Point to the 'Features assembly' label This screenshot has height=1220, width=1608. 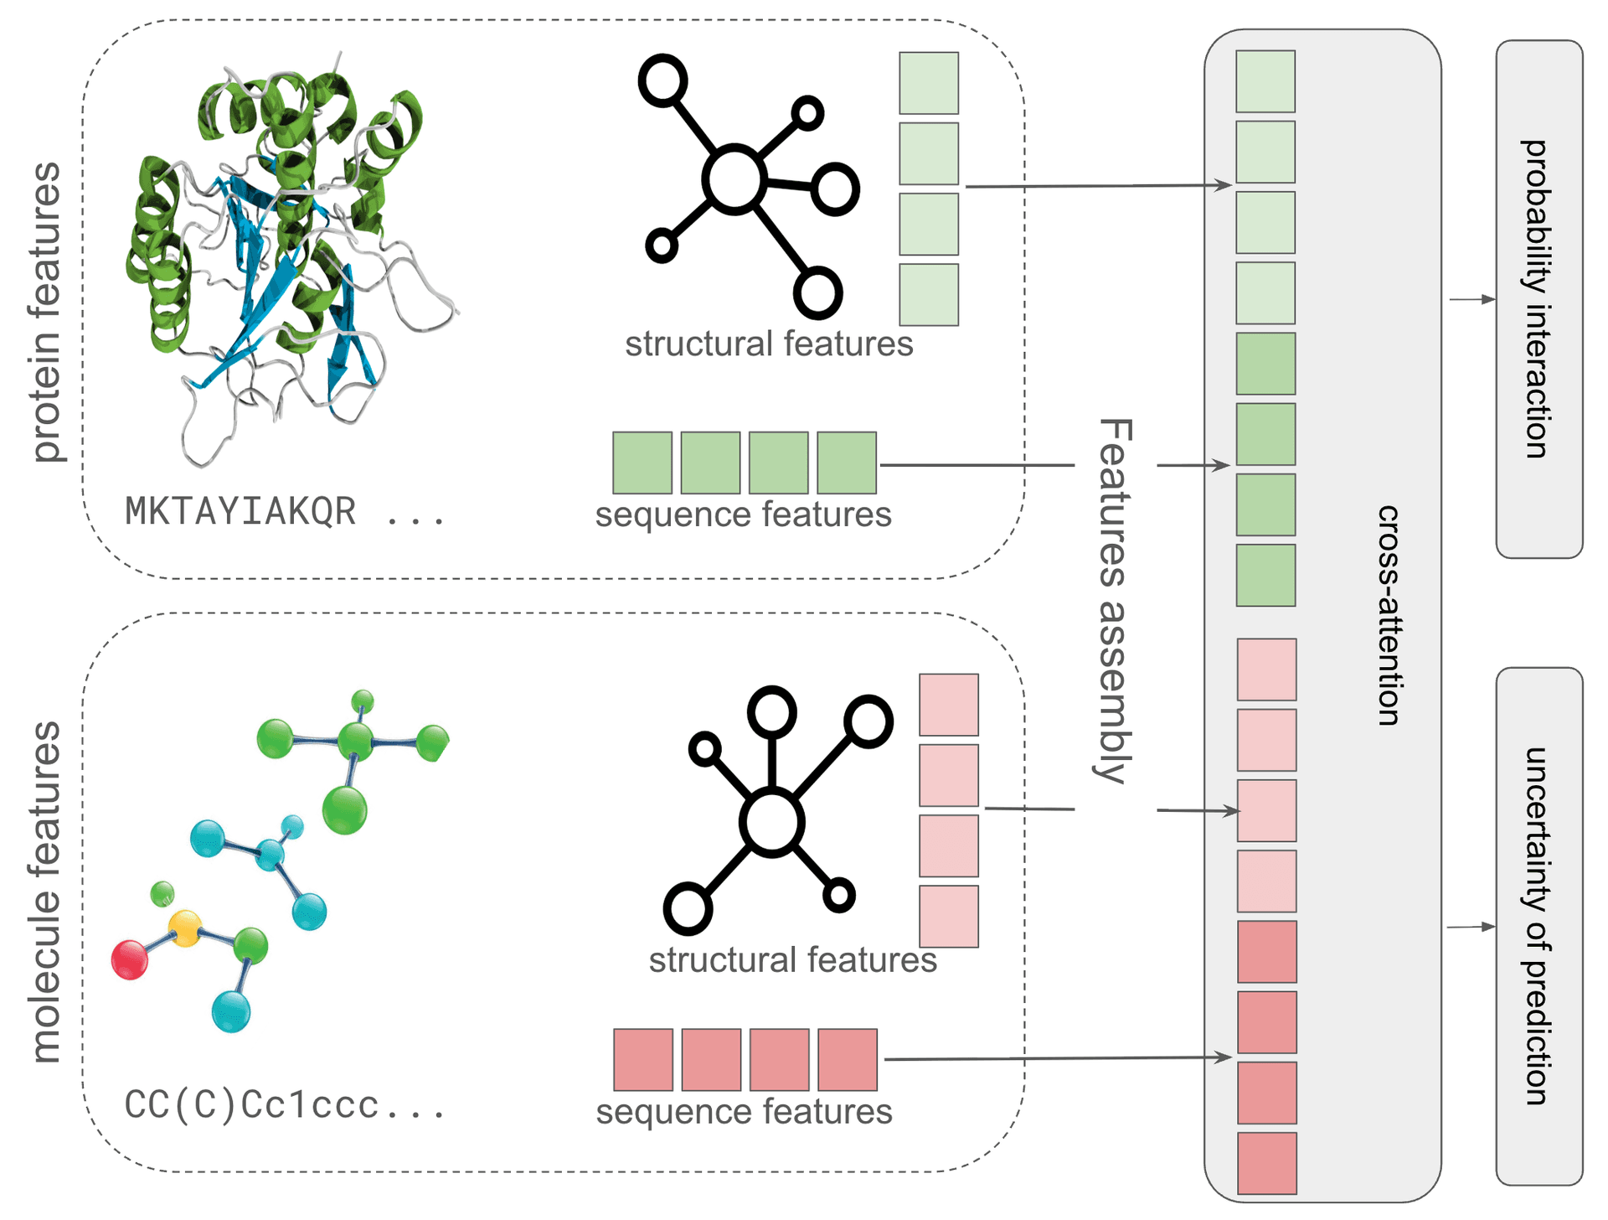(x=1115, y=601)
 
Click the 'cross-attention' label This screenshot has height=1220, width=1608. (x=1389, y=615)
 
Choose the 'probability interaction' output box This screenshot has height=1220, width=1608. (x=1538, y=299)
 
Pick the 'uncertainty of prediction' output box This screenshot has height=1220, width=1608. (x=1538, y=926)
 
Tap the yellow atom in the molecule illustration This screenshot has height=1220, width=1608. (x=185, y=928)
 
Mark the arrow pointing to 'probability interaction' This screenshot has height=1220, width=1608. (x=1471, y=299)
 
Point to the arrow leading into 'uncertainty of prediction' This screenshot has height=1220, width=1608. (x=1471, y=927)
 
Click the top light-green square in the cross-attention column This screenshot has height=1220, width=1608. (x=1265, y=81)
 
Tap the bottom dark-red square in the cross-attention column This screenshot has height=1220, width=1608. (x=1266, y=1163)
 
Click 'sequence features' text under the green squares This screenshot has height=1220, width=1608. (x=743, y=514)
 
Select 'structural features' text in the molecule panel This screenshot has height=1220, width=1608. (x=792, y=960)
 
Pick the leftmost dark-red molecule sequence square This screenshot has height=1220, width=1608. (x=643, y=1060)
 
